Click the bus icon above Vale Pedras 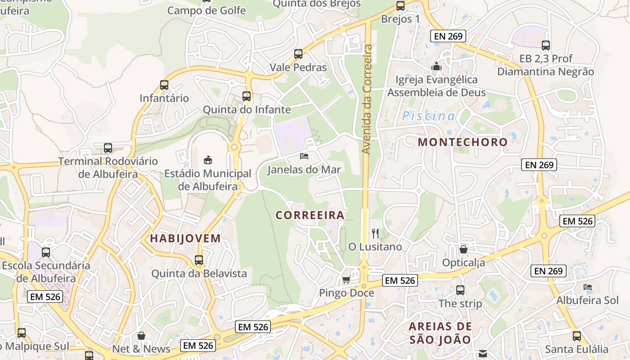coord(298,54)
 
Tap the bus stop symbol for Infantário coord(164,85)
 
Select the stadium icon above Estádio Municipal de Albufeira coord(207,159)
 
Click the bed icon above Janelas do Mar coord(304,156)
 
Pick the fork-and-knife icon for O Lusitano coord(375,233)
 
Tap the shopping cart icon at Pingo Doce coord(346,280)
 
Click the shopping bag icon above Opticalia coord(463,249)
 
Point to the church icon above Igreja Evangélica coord(436,66)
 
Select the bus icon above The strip coord(460,290)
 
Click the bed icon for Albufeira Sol coord(587,287)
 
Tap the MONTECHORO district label coord(463,142)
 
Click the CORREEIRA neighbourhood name coord(310,215)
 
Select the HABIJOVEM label coord(185,238)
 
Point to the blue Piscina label coord(428,116)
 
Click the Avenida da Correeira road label coord(368,99)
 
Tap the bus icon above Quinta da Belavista coord(199,260)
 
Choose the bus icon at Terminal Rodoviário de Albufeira coord(108,148)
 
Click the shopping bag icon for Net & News coord(141,336)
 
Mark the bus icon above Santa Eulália coord(576,336)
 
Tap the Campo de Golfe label coord(207,10)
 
